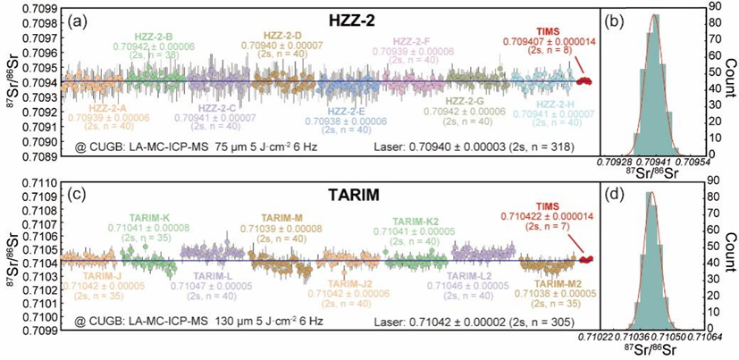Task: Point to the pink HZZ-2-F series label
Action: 419,41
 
